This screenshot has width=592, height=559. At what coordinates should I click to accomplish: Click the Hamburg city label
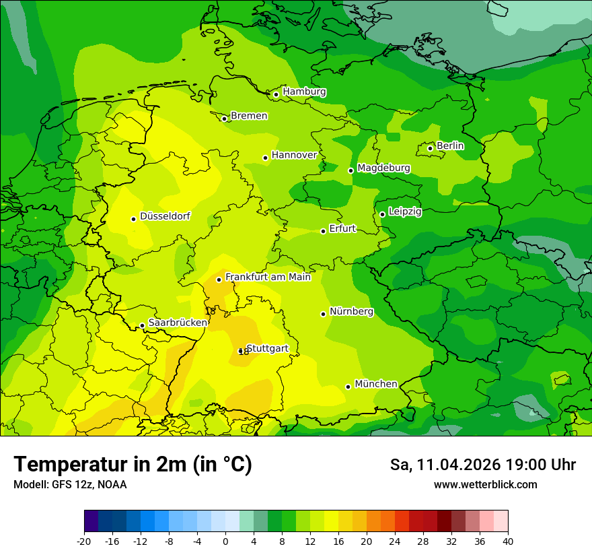point(304,92)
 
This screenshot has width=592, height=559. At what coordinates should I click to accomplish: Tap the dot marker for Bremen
point(225,119)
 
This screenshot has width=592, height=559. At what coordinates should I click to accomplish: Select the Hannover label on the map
point(294,155)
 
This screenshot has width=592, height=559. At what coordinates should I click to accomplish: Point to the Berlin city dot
point(431,148)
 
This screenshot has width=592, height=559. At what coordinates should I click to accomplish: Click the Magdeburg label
point(383,168)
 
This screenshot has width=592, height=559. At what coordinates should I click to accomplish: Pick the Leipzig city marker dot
point(382,214)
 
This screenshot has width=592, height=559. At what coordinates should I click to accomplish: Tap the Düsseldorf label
point(165,216)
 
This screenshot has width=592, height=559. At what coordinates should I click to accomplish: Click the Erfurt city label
point(342,229)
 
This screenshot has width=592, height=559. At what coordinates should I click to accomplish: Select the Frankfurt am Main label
point(268,277)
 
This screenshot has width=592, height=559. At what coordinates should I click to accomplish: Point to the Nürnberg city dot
point(324,314)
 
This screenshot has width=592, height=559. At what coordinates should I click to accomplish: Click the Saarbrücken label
point(178,323)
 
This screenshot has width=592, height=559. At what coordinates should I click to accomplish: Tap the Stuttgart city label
point(268,348)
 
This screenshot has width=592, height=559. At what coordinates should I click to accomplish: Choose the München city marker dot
point(348,387)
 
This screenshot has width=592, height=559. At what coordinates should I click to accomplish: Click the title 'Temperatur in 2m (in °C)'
point(133,465)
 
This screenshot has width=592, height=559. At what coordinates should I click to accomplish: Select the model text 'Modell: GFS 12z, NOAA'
point(70,484)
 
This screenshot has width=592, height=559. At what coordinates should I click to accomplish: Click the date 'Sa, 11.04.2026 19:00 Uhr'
point(482,465)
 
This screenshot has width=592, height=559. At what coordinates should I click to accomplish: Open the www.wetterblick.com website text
point(485,484)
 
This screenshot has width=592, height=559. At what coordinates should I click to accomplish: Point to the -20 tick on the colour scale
point(84,541)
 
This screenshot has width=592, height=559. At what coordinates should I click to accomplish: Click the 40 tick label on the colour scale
point(508,541)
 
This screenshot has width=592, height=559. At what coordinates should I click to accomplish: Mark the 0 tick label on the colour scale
point(225,541)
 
